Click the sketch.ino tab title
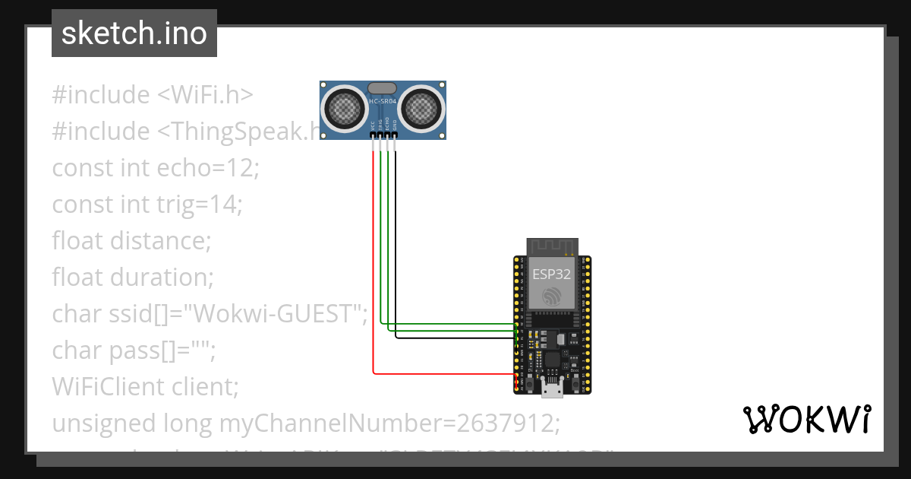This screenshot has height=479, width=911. point(134,33)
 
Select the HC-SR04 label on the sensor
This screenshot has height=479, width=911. point(383,101)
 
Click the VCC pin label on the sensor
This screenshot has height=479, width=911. point(372,125)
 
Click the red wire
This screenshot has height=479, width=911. point(374,266)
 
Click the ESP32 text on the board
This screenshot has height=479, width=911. point(552,274)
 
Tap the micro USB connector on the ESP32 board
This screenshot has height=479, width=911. point(552,389)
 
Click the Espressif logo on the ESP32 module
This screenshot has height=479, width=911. point(552,295)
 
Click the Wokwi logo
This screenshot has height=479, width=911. point(806,420)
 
